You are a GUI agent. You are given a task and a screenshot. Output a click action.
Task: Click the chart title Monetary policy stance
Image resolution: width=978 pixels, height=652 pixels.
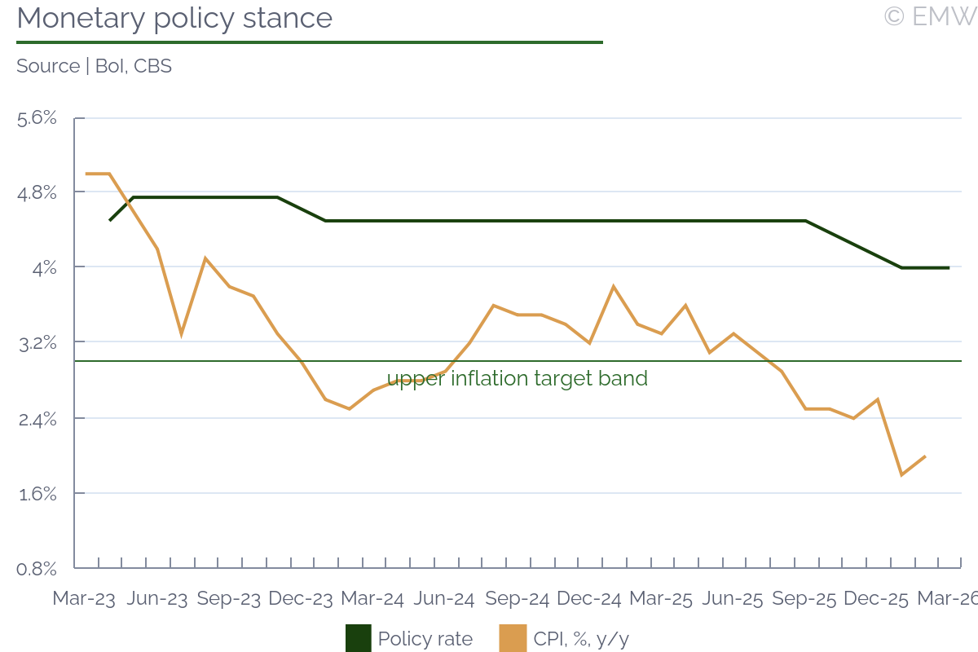tap(174, 18)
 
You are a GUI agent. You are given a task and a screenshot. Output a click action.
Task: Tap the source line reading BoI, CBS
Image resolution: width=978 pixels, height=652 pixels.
tap(94, 66)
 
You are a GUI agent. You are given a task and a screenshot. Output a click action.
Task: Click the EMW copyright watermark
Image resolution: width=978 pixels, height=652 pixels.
tap(930, 16)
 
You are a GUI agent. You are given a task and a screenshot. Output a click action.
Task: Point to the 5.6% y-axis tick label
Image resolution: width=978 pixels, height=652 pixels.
tap(37, 118)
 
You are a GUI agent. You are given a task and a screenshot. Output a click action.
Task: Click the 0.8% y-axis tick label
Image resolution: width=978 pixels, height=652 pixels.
tap(37, 568)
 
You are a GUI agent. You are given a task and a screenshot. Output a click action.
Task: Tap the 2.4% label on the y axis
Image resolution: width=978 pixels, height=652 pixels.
tap(37, 419)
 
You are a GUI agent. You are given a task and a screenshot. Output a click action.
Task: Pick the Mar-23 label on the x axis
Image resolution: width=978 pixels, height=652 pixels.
tap(84, 598)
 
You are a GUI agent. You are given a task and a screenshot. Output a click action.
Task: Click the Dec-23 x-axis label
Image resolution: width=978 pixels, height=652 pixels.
tap(301, 598)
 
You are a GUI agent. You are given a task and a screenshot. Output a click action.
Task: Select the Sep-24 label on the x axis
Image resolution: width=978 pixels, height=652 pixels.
tap(517, 598)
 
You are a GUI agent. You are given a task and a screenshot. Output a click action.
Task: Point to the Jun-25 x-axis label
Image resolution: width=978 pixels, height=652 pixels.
tap(733, 598)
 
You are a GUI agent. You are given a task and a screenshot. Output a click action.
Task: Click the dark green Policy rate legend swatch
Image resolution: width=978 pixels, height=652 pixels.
tap(359, 638)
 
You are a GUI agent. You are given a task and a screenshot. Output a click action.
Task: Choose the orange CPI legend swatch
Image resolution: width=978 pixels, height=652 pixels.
tap(513, 638)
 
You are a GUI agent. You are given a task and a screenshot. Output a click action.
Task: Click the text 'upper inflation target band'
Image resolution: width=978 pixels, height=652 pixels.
tap(517, 378)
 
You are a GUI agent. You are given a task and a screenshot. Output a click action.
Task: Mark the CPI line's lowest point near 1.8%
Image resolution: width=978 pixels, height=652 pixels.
tap(901, 474)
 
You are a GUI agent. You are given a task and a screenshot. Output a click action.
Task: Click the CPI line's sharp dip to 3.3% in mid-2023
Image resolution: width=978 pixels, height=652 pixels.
tap(181, 334)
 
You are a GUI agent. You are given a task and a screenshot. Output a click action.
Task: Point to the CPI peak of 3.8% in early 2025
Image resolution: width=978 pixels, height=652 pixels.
tap(613, 286)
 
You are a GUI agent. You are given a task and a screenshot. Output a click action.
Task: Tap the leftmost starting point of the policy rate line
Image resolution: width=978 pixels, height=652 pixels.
tap(110, 220)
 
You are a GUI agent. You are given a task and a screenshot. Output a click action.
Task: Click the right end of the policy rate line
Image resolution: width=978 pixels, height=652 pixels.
tap(949, 267)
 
